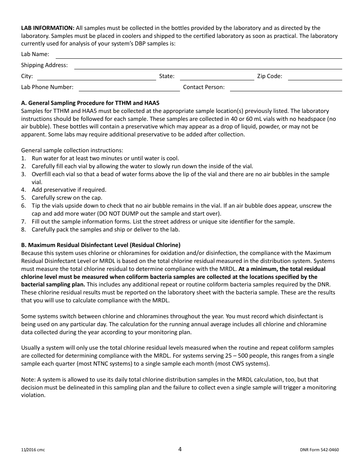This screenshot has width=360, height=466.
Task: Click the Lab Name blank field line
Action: click(x=199, y=55)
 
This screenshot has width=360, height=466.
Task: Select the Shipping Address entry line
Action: click(x=208, y=66)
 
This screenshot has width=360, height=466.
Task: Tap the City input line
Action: click(x=96, y=77)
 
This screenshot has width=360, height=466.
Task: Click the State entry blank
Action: click(x=217, y=77)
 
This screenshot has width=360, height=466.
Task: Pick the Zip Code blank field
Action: click(x=315, y=77)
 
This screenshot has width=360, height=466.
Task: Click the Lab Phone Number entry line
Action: click(x=129, y=88)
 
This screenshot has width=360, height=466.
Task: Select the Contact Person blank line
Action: click(x=286, y=88)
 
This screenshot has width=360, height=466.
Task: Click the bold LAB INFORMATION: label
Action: click(x=48, y=28)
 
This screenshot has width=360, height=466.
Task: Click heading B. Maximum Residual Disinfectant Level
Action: click(x=101, y=245)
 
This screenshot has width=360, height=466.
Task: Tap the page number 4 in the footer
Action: click(x=180, y=449)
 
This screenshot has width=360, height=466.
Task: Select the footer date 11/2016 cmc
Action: click(x=33, y=450)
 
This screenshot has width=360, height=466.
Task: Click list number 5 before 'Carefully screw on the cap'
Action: click(x=23, y=198)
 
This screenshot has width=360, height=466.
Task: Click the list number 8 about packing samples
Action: click(x=23, y=230)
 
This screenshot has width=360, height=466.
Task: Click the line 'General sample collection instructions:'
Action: click(x=72, y=150)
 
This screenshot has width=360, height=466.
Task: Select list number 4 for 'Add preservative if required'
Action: click(x=23, y=190)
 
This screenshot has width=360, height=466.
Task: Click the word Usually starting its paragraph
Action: click(x=32, y=348)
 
